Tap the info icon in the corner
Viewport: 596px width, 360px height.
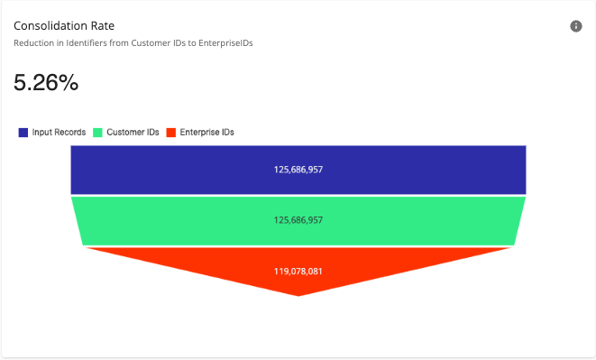[x=576, y=26]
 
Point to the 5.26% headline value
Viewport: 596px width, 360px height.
[x=46, y=83]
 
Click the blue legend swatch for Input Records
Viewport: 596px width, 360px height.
[x=23, y=133]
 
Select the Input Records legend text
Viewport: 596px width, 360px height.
[x=59, y=133]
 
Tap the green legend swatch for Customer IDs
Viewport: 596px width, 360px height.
[x=98, y=133]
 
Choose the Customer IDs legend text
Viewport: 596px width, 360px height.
[x=133, y=133]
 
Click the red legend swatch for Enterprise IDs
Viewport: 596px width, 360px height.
[x=171, y=133]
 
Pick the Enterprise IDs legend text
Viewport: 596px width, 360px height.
[x=206, y=133]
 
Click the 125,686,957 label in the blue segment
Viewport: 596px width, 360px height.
[x=298, y=169]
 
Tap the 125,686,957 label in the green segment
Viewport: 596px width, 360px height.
[x=298, y=220]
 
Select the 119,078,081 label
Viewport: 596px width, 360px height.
[x=298, y=270]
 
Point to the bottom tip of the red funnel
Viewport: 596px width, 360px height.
[x=298, y=293]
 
